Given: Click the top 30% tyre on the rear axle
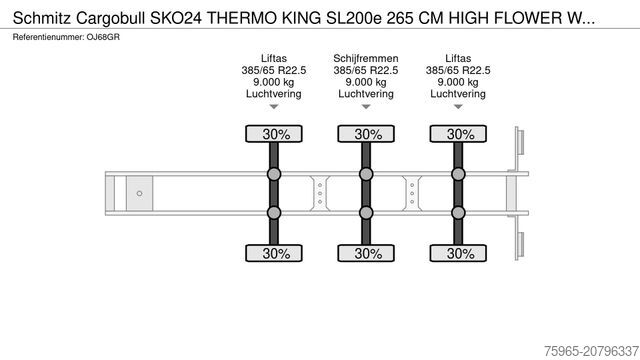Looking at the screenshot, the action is (460, 134).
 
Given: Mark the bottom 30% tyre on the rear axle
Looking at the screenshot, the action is (460, 253).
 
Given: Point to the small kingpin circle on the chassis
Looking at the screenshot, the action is (140, 193).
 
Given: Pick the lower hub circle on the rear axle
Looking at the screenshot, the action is (460, 212).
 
